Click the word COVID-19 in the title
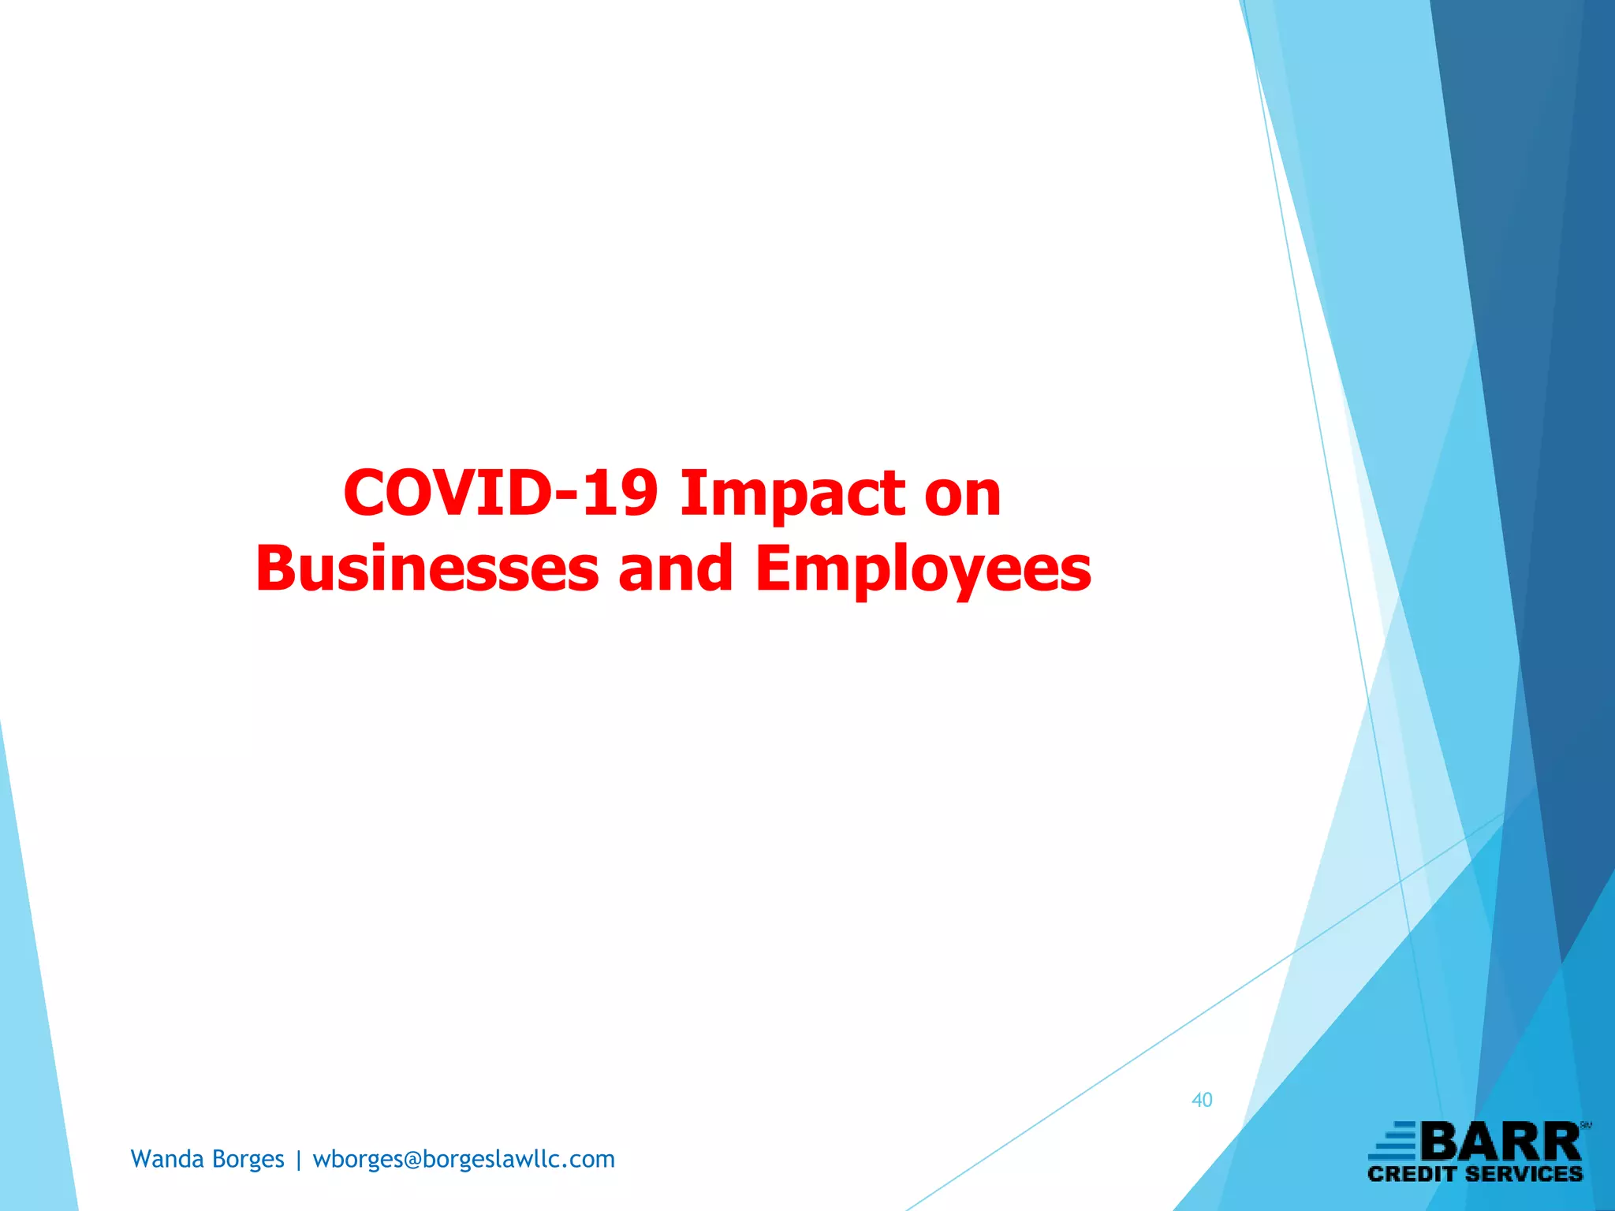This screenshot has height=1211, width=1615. [500, 494]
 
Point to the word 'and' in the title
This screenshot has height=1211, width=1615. [676, 569]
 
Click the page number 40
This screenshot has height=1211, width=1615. [1202, 1100]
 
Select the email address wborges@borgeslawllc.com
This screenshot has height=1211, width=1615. [464, 1160]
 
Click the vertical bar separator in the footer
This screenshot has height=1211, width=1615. [299, 1161]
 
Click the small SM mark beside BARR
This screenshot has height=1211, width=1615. [1586, 1126]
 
